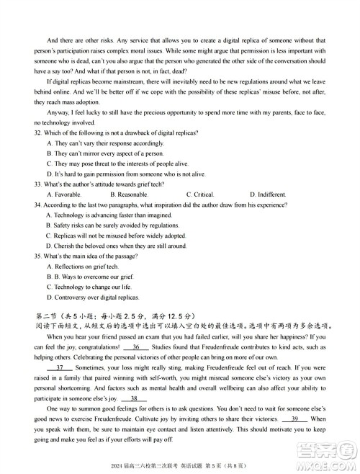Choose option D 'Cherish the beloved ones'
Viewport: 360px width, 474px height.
click(115, 246)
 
